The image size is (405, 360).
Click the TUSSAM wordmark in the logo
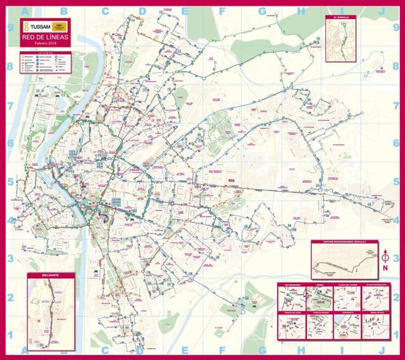click(38, 27)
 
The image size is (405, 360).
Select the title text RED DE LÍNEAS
click(44, 38)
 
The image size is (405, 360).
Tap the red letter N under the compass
click(385, 268)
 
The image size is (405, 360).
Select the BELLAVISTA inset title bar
click(51, 276)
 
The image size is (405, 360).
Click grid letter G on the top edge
click(261, 10)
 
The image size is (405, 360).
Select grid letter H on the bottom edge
click(301, 350)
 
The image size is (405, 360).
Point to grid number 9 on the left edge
click(10, 28)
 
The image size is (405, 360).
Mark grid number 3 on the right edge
click(396, 259)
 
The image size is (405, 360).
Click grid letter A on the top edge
click(25, 10)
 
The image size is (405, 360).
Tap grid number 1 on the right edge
click(396, 335)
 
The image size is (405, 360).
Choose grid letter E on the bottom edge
click(184, 350)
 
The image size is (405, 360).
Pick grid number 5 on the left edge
click(10, 182)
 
